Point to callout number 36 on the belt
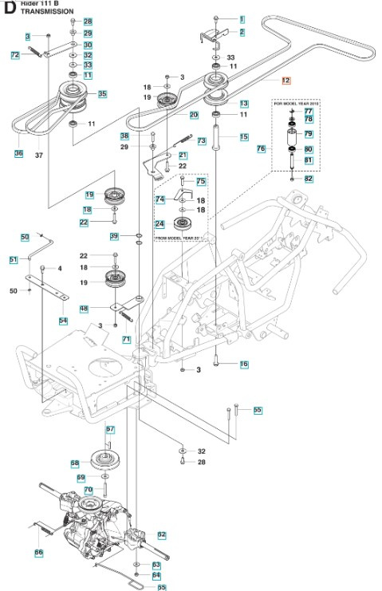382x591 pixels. (19, 152)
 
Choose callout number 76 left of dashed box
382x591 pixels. (261, 149)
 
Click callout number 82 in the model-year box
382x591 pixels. (309, 179)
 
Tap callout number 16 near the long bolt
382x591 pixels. (244, 364)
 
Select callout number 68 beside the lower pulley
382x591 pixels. (75, 463)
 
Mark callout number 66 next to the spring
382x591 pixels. (38, 553)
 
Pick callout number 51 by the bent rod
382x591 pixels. (13, 260)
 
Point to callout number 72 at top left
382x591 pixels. (14, 55)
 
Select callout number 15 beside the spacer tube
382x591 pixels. (244, 137)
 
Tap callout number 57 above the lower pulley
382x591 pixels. (111, 430)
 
